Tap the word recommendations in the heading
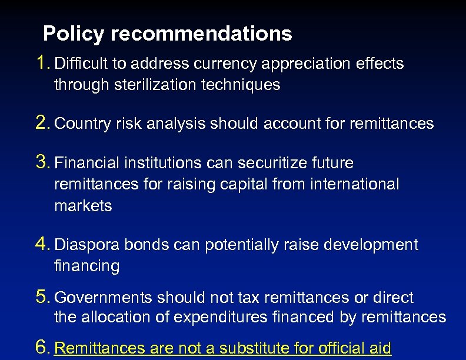[x=201, y=34]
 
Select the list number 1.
[x=42, y=62]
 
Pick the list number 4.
[x=42, y=244]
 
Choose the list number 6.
[x=42, y=348]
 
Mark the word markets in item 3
[x=83, y=206]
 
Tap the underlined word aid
[x=380, y=349]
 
